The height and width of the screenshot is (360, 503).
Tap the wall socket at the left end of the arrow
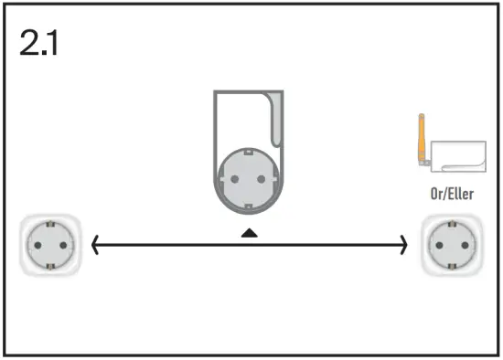(48, 244)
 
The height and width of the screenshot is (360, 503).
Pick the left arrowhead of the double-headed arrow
(94, 244)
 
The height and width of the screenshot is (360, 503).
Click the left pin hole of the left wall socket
(38, 244)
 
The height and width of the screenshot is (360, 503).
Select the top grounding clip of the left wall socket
(48, 225)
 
